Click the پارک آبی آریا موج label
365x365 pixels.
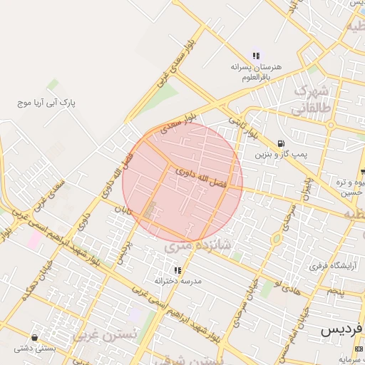point(46,103)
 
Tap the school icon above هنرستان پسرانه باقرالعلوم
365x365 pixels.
point(256,56)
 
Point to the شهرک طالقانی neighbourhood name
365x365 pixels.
point(312,100)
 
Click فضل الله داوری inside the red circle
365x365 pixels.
point(200,178)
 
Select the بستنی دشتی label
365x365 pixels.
point(35,349)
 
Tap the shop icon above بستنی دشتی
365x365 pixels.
point(35,338)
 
